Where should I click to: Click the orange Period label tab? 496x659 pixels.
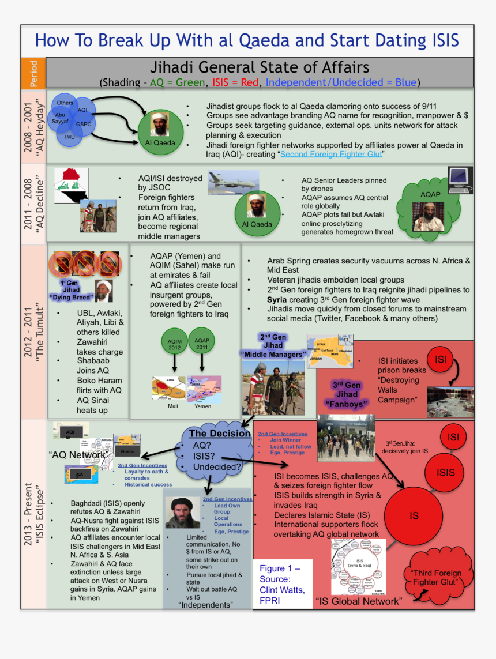pos(33,73)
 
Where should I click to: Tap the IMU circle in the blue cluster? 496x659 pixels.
pos(70,137)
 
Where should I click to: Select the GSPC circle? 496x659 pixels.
pos(83,124)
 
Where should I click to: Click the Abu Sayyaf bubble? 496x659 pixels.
pos(60,118)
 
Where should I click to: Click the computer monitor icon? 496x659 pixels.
pos(460,180)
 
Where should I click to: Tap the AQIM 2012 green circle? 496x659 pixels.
pos(174,345)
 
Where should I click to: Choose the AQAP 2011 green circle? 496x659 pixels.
pos(202,344)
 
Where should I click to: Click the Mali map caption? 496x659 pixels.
pos(173,406)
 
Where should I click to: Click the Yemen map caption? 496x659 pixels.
pos(202,406)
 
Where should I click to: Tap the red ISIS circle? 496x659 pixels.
pos(446,473)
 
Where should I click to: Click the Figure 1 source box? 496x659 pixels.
pos(282,584)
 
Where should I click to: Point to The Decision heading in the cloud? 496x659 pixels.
pos(220,434)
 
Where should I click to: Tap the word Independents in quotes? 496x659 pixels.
pos(205,605)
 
